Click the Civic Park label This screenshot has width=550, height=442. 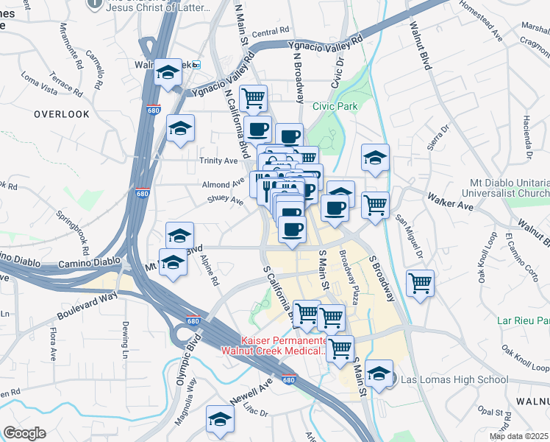[x=335, y=106]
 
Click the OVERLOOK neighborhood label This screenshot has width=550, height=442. [x=61, y=114]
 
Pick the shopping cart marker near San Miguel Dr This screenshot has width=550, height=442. [x=420, y=283]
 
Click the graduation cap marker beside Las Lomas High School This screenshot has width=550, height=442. [x=379, y=373]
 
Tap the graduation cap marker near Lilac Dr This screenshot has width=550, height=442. [x=220, y=418]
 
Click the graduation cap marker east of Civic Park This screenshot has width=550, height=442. [x=375, y=157]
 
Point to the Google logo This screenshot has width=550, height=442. [x=25, y=433]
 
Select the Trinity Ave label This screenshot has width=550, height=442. [x=218, y=160]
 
